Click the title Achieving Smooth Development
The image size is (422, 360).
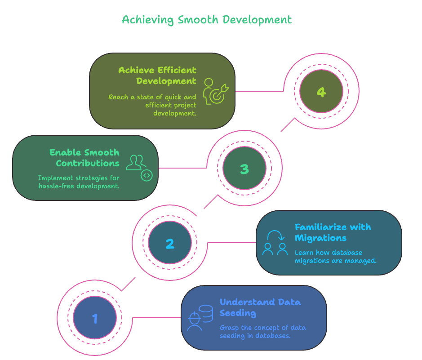207,20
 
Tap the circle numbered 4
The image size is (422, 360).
321,92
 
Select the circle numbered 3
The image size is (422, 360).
244,169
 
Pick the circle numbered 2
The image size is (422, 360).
169,244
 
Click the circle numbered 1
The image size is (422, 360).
95,318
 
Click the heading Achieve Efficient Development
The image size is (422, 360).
157,76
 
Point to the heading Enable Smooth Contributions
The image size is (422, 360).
84,157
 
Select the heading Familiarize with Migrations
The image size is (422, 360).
333,232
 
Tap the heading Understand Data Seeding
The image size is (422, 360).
260,307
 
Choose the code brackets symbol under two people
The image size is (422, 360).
146,175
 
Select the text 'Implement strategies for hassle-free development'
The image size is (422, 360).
79,182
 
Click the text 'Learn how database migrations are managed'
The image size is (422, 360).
335,257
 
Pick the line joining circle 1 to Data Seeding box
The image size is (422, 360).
156,318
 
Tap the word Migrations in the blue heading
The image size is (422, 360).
320,238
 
